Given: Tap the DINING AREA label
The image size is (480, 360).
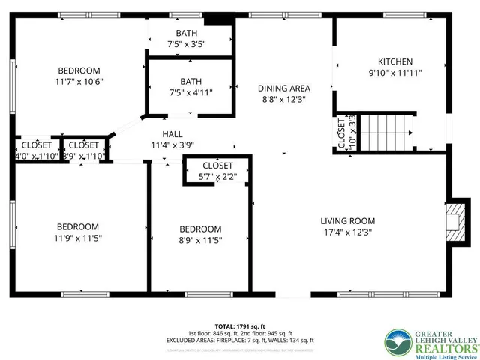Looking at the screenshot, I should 284,88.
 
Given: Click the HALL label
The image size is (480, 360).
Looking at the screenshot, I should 172,133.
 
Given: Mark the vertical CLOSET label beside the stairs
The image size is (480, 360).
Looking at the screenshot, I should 341,133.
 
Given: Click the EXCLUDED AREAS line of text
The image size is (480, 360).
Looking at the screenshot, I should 239,340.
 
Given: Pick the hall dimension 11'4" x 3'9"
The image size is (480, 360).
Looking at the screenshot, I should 172,145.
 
